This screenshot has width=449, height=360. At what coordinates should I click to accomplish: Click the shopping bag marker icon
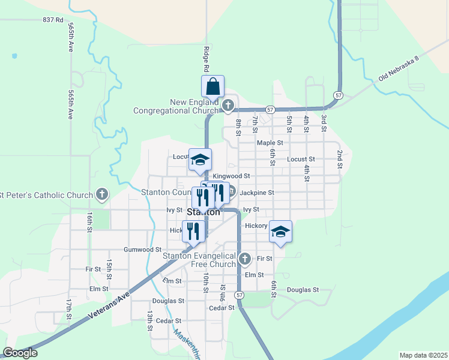(x=213, y=87)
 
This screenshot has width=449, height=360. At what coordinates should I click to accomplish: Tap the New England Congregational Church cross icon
(x=228, y=106)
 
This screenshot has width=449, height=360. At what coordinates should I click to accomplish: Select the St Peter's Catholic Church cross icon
(x=103, y=194)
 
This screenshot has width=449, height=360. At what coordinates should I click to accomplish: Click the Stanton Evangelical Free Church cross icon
(x=244, y=259)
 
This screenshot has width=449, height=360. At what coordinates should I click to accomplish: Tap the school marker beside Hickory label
(x=280, y=232)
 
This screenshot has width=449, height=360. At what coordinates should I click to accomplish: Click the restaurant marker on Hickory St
(x=193, y=232)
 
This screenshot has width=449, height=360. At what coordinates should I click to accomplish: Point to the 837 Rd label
(x=53, y=20)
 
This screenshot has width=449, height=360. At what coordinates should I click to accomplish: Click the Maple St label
(x=270, y=143)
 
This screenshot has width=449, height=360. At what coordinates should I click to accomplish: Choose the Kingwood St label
(x=231, y=176)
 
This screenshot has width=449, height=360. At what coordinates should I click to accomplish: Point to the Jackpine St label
(x=257, y=193)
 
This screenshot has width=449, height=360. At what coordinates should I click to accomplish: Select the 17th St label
(x=70, y=309)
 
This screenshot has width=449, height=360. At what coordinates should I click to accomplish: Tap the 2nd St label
(x=339, y=159)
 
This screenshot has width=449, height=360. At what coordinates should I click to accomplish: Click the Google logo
(x=20, y=353)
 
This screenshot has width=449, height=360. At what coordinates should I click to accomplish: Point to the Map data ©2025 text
(x=423, y=355)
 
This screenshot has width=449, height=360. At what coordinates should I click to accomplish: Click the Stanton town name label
(x=203, y=212)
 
